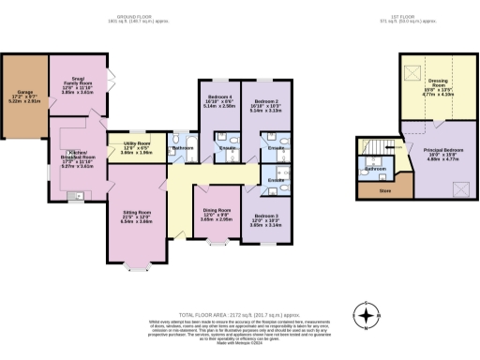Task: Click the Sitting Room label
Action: pyautogui.click(x=138, y=217)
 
